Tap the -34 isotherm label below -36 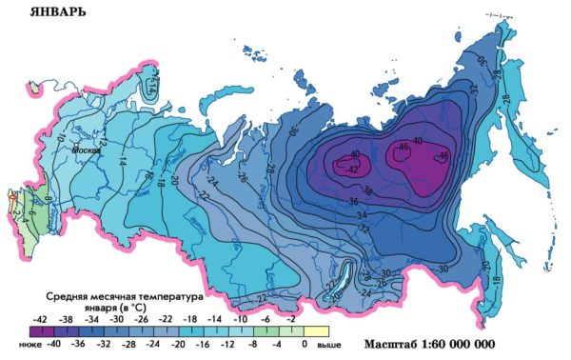(x=363, y=216)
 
